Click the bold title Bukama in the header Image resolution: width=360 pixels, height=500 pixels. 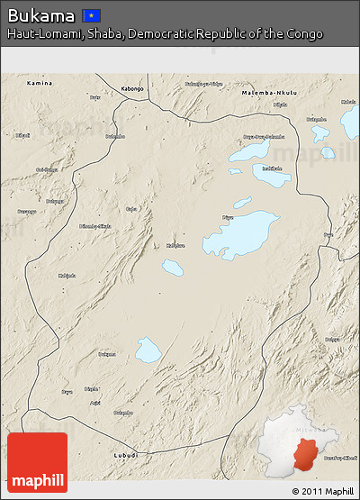(41, 15)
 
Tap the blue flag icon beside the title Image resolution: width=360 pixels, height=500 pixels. (91, 15)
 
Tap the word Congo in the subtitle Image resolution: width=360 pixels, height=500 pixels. (303, 33)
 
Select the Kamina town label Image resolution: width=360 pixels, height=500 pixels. (39, 83)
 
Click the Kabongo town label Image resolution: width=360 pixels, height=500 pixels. (131, 88)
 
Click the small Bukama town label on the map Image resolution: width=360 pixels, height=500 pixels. (106, 354)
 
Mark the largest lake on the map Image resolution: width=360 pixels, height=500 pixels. (240, 234)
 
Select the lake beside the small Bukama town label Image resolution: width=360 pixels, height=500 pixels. (148, 350)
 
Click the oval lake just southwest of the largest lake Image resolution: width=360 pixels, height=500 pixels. (172, 268)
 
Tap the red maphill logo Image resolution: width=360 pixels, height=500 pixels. (37, 462)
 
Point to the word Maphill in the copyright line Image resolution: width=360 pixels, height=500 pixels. (338, 491)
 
